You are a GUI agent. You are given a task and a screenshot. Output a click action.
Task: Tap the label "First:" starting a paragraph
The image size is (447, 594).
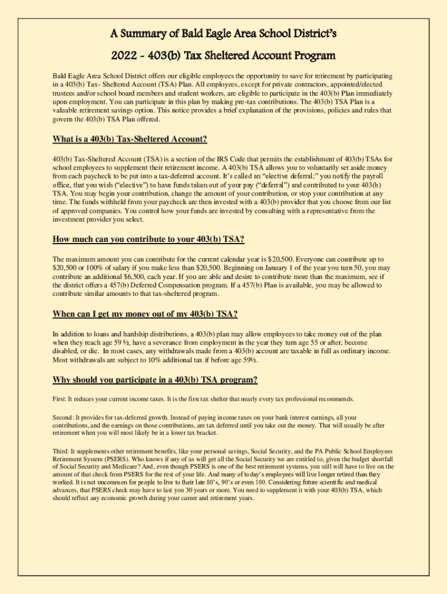60,399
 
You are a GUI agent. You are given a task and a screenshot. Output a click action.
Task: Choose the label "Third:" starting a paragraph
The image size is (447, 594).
60,451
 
